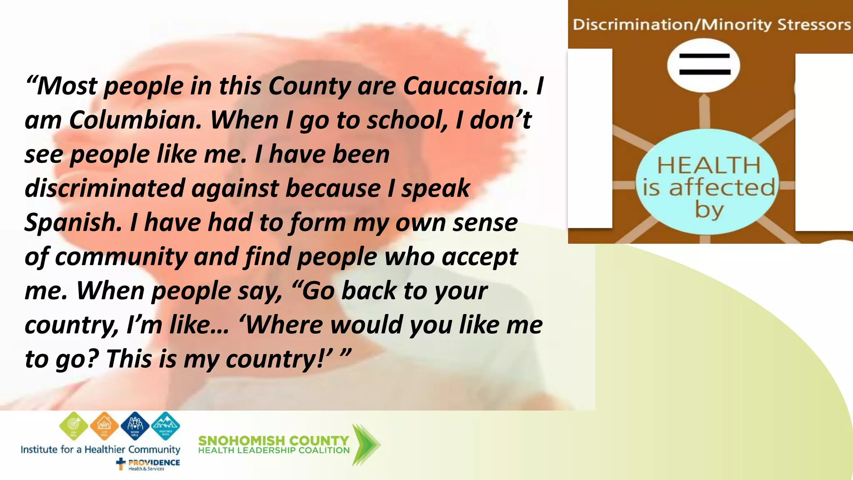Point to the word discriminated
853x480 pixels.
click(105, 188)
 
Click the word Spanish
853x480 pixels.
click(73, 222)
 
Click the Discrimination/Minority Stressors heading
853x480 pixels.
click(711, 25)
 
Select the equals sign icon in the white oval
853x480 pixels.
click(704, 65)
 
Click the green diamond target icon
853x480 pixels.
click(74, 425)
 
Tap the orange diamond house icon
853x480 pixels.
click(104, 425)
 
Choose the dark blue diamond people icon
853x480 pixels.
click(135, 425)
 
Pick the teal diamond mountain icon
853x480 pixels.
click(165, 425)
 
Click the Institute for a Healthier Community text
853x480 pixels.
click(100, 449)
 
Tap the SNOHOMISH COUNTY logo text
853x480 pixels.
click(274, 440)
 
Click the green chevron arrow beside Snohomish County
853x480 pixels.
click(365, 445)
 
